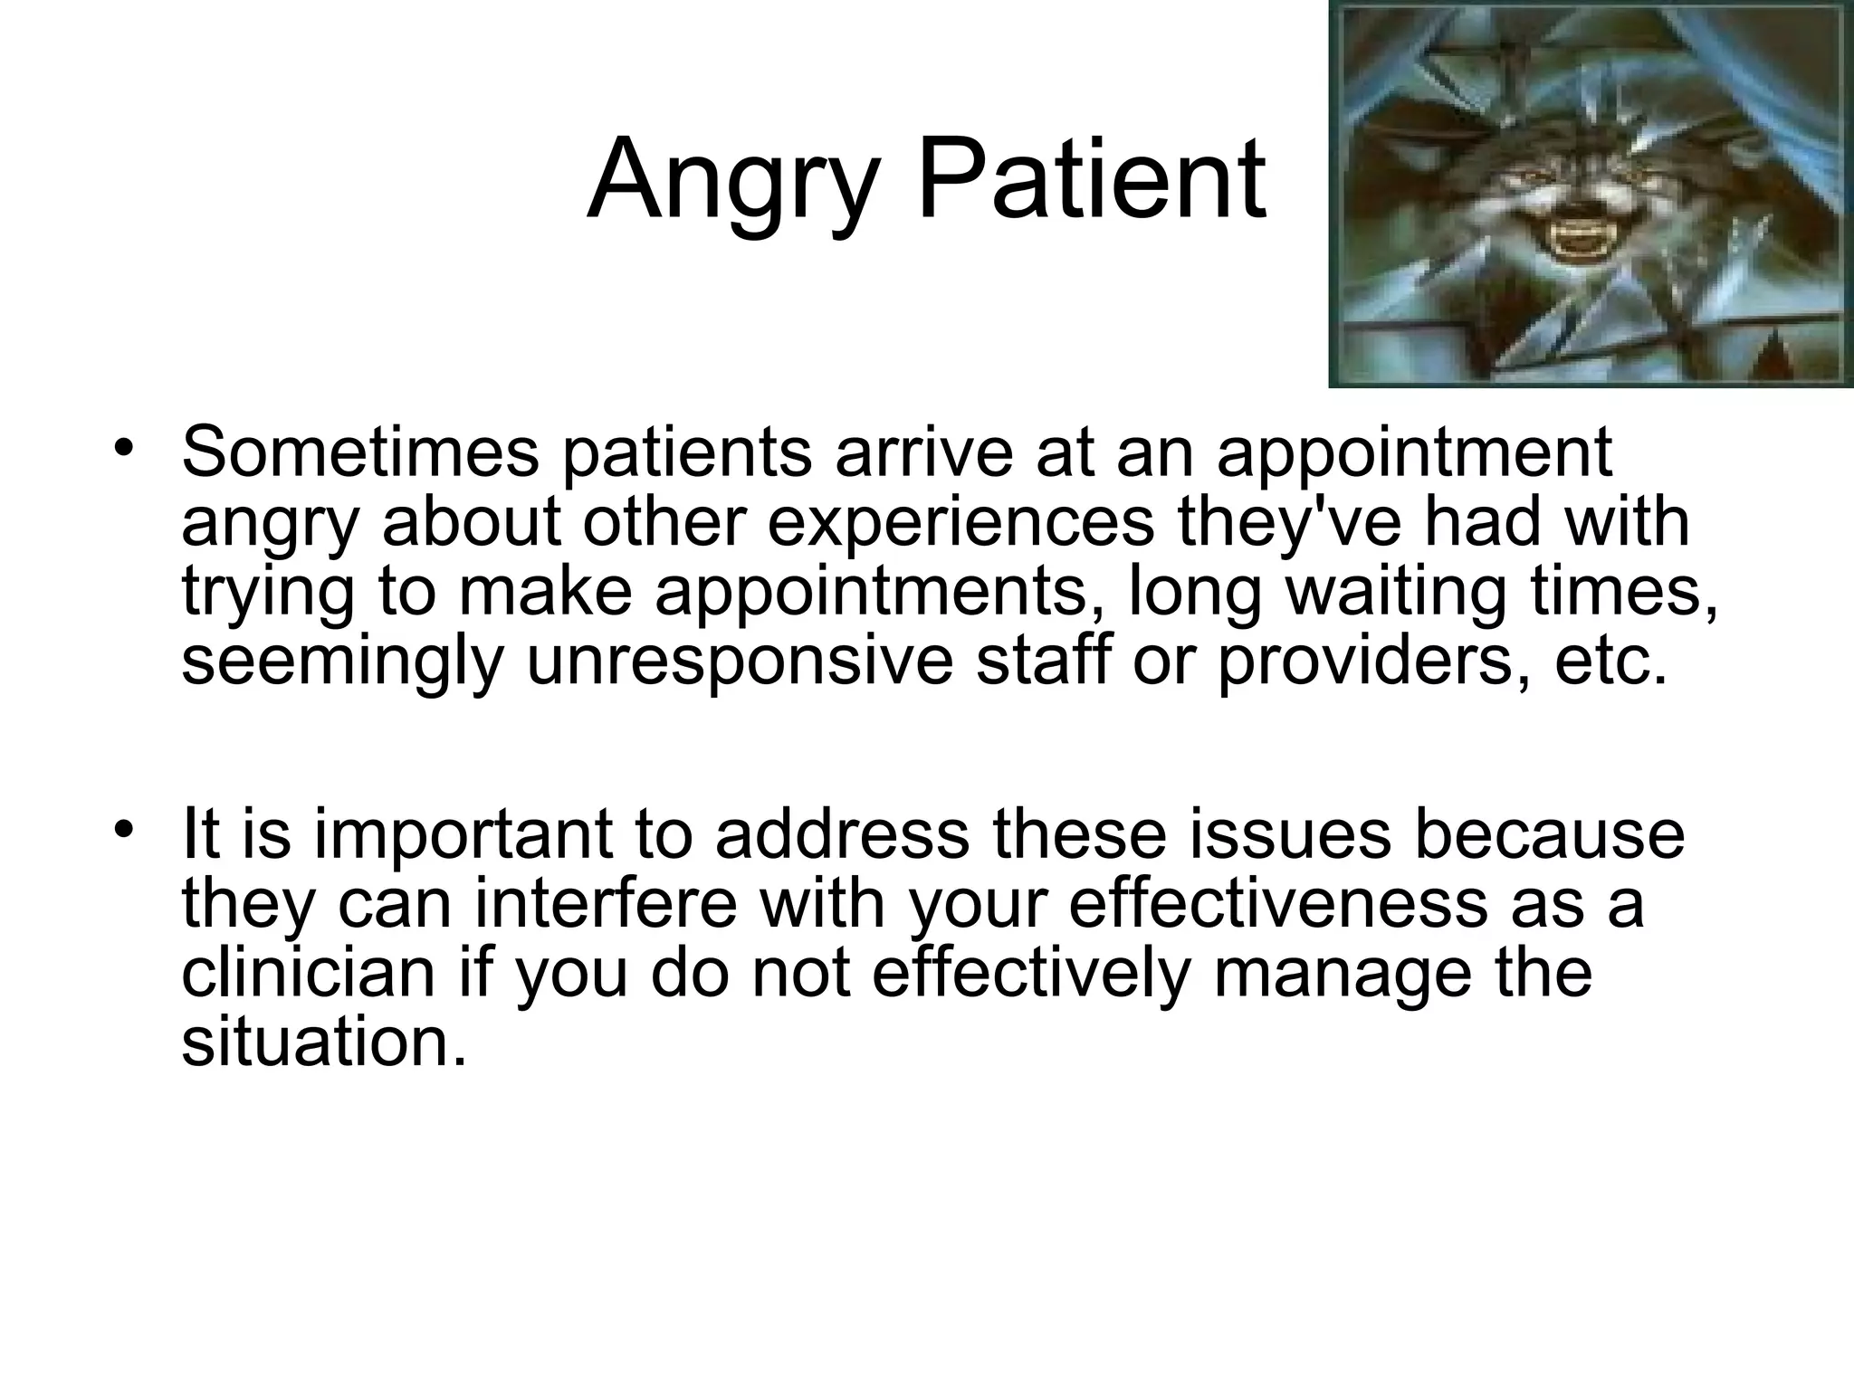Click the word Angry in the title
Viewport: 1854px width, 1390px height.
pos(733,181)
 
